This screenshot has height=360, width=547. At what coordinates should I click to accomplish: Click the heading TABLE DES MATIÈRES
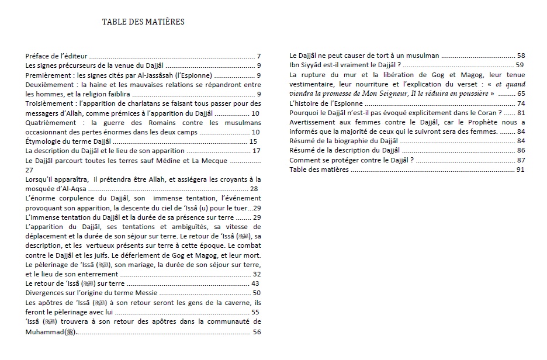(143, 22)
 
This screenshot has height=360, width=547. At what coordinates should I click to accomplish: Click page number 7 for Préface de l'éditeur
(258, 57)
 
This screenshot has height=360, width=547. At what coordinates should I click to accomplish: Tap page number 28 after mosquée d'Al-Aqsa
(254, 189)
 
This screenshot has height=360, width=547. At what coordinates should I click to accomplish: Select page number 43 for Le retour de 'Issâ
(255, 283)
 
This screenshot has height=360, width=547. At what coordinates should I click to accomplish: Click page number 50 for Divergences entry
(256, 293)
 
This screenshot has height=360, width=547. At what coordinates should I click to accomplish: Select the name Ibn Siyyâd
(310, 65)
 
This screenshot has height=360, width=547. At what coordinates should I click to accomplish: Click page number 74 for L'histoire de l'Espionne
(521, 103)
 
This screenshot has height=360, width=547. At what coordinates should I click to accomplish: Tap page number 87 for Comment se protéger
(521, 160)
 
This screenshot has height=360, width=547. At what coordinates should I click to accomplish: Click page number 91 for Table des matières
(521, 169)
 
